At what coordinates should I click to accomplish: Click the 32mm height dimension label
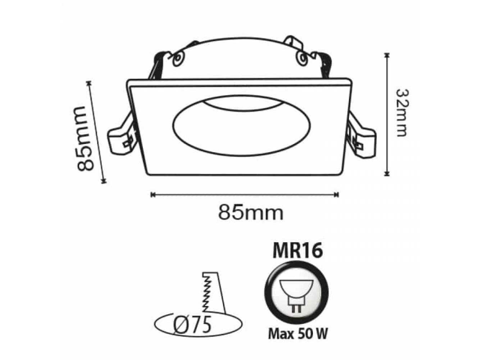point(402,113)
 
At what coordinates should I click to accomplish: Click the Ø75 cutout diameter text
point(192,325)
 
